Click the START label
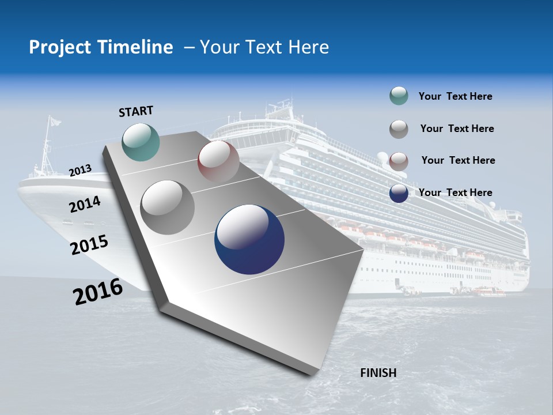136,111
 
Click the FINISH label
378,373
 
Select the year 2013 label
80,171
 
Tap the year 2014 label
85,204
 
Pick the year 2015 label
89,245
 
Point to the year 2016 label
98,292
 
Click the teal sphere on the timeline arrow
141,142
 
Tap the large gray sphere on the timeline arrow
168,207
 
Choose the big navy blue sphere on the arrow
249,239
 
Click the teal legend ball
399,96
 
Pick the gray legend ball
399,129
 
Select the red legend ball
399,161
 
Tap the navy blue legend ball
399,193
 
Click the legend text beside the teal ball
455,96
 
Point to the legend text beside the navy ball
455,193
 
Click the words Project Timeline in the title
101,47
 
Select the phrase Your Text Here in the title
264,47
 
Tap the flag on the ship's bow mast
54,122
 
